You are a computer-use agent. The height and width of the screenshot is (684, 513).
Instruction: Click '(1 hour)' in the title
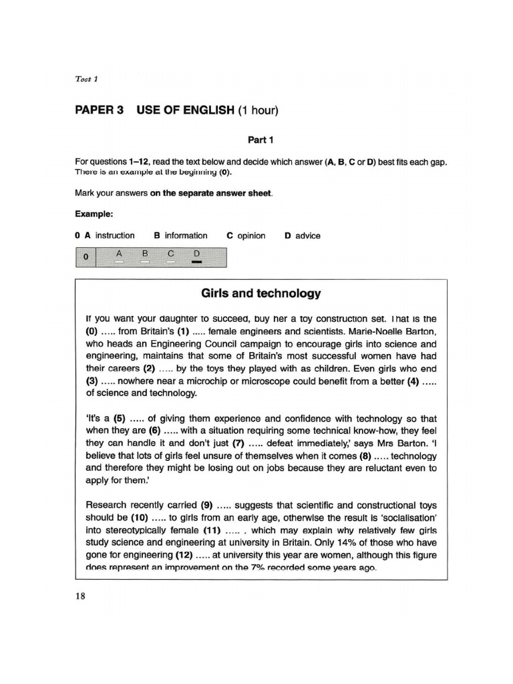pyautogui.click(x=258, y=110)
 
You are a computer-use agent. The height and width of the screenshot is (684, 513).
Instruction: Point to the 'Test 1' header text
pyautogui.click(x=86, y=79)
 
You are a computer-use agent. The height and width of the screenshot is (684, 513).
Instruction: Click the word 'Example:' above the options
pyautogui.click(x=94, y=214)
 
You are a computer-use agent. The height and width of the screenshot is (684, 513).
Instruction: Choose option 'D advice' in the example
pyautogui.click(x=303, y=236)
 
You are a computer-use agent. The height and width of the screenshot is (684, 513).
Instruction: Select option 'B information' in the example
pyautogui.click(x=181, y=236)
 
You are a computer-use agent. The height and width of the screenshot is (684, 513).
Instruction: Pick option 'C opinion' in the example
pyautogui.click(x=246, y=236)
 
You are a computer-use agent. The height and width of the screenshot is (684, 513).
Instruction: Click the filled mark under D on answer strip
pyautogui.click(x=196, y=262)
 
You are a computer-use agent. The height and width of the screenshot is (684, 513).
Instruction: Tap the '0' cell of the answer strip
pyautogui.click(x=85, y=257)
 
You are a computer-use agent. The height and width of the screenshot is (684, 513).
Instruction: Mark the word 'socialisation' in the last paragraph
pyautogui.click(x=405, y=518)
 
